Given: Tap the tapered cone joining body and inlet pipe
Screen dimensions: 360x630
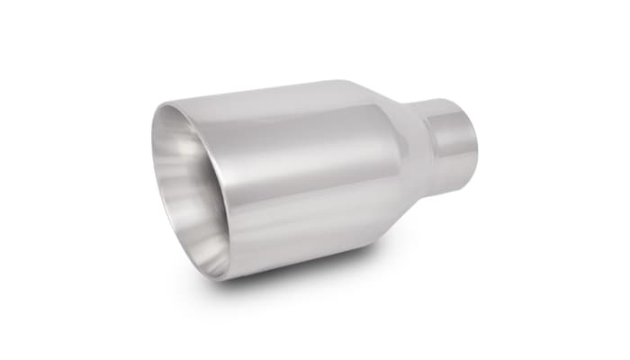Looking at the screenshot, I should click(x=396, y=153).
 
